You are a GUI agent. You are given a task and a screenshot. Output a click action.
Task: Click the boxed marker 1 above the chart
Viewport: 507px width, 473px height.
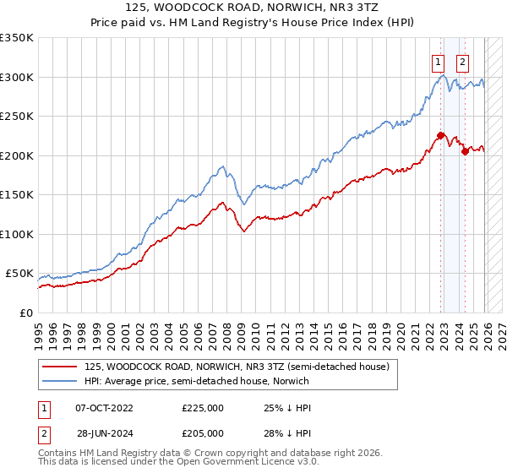click(439, 61)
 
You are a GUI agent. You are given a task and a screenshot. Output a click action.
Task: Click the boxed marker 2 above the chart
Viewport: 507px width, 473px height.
click(463, 61)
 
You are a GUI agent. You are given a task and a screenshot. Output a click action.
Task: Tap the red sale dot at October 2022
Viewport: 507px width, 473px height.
click(441, 134)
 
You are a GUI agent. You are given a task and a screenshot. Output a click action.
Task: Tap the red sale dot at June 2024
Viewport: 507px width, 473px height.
click(465, 151)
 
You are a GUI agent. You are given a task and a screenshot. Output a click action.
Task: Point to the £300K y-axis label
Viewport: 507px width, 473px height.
click(17, 77)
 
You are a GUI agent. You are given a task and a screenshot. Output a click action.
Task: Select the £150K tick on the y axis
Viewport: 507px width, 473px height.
click(17, 195)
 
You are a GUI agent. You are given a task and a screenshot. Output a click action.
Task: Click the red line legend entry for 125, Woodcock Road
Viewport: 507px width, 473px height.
click(236, 367)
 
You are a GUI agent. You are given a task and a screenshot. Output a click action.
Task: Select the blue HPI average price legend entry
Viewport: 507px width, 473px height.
click(197, 382)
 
